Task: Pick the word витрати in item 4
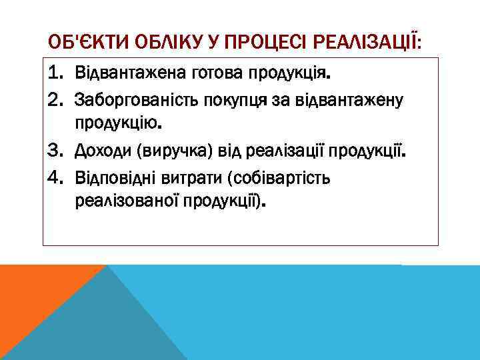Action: (189, 179)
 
